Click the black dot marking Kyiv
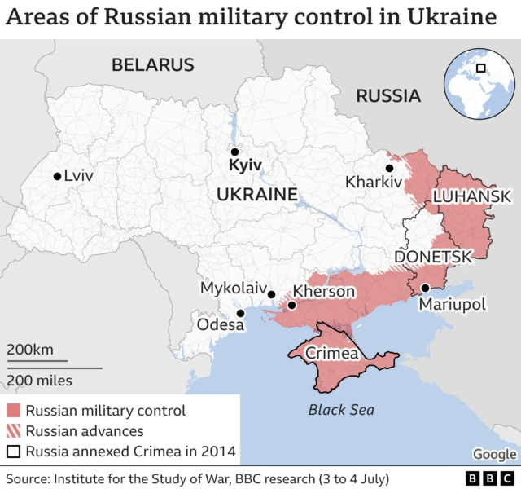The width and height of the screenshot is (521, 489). [x=234, y=152]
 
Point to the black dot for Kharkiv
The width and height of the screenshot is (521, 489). [x=390, y=167]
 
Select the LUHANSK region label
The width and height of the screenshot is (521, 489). [x=471, y=196]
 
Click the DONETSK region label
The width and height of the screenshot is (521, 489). [x=432, y=257]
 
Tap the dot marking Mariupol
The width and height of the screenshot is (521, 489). [x=425, y=288]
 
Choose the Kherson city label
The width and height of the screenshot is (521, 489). [x=323, y=292]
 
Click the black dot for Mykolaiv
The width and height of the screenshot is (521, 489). [x=272, y=295]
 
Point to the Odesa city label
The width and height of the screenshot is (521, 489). [x=221, y=325]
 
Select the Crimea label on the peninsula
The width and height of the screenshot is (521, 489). [x=331, y=354]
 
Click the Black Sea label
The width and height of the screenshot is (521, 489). [x=341, y=410]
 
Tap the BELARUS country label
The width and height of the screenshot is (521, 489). [x=153, y=65]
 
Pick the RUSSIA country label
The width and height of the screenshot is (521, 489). [x=388, y=96]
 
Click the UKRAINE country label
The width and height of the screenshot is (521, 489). [x=256, y=195]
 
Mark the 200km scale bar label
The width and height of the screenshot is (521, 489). [x=30, y=350]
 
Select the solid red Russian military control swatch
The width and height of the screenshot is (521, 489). [x=13, y=411]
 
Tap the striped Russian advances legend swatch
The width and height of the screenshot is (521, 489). [x=13, y=431]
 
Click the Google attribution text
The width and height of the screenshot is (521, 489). [x=494, y=454]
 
